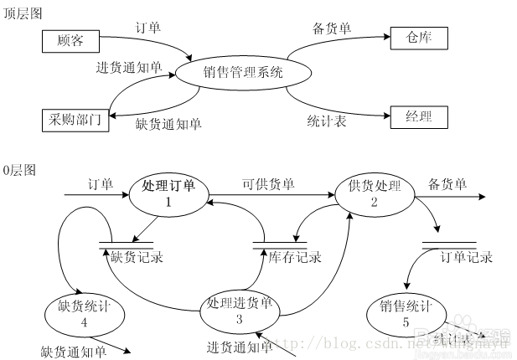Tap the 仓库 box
click(x=419, y=38)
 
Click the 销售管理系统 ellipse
click(x=243, y=74)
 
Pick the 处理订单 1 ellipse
click(x=168, y=194)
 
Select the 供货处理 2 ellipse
click(x=375, y=194)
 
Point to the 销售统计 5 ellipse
click(x=405, y=312)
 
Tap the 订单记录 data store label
click(x=466, y=257)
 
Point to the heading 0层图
click(x=20, y=170)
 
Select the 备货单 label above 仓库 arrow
click(x=332, y=28)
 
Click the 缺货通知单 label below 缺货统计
click(x=74, y=351)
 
